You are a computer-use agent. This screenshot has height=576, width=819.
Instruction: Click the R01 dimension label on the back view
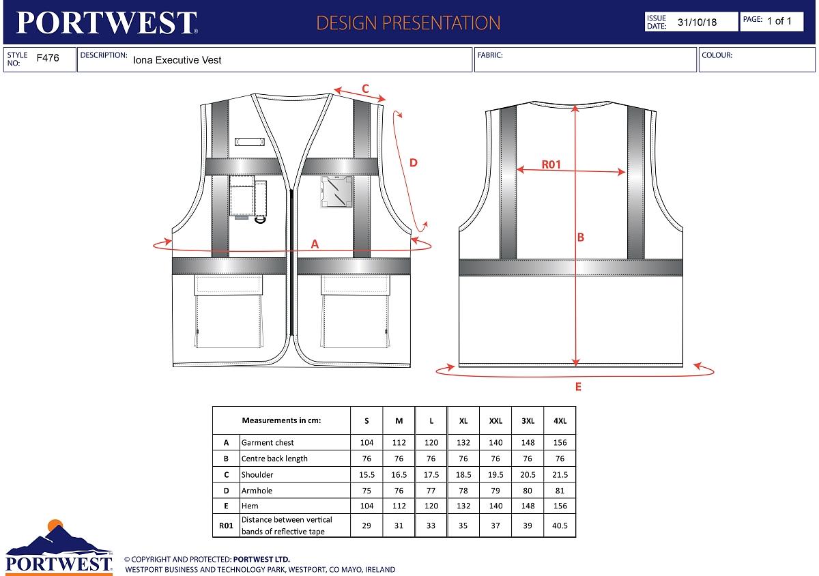pyautogui.click(x=551, y=164)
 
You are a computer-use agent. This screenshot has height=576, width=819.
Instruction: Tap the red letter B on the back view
pyautogui.click(x=581, y=237)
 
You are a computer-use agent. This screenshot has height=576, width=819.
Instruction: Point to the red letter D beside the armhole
pyautogui.click(x=413, y=162)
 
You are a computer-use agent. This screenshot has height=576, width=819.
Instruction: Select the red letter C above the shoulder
pyautogui.click(x=365, y=88)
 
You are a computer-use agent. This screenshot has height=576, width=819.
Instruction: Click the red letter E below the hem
pyautogui.click(x=578, y=387)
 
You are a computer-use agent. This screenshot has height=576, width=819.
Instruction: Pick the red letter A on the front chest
pyautogui.click(x=315, y=244)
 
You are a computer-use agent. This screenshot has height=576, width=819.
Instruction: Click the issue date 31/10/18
pyautogui.click(x=697, y=22)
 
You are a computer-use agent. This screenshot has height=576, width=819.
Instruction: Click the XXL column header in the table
pyautogui.click(x=495, y=421)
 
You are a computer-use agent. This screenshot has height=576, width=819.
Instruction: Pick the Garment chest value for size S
pyautogui.click(x=367, y=442)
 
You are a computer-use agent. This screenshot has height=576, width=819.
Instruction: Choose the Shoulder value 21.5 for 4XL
pyautogui.click(x=560, y=474)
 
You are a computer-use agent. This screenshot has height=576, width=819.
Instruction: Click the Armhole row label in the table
pyautogui.click(x=257, y=490)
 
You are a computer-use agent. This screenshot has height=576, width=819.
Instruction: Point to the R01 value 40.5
pyautogui.click(x=560, y=525)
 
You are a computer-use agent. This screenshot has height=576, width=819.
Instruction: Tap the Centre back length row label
pyautogui.click(x=274, y=459)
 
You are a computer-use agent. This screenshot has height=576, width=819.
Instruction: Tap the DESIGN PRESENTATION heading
pyautogui.click(x=408, y=23)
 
